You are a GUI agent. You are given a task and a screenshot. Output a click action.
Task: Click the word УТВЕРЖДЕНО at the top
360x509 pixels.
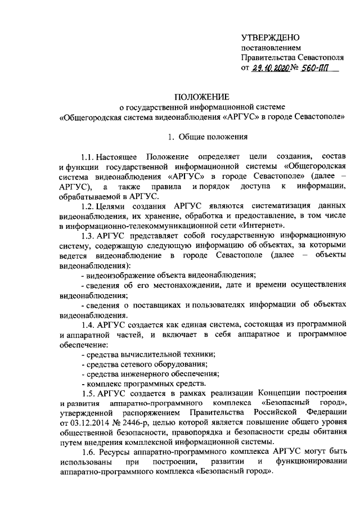point(268,37)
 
